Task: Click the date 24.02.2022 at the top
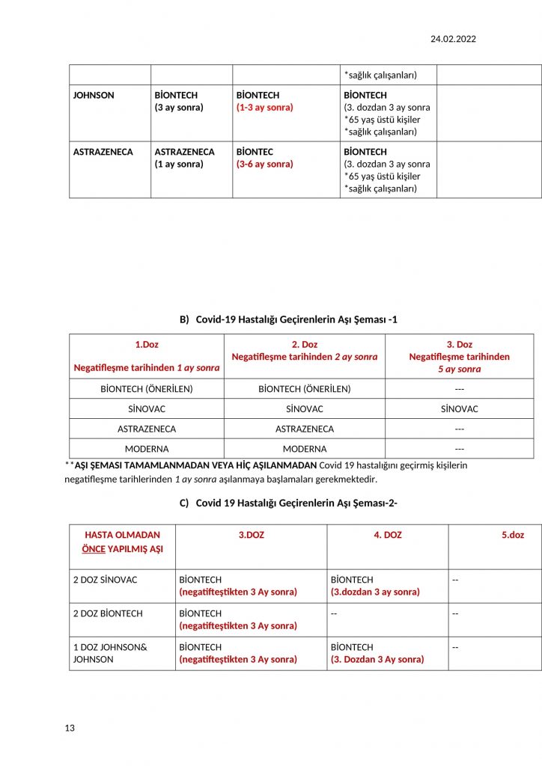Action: [x=453, y=39]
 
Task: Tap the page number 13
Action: [x=70, y=728]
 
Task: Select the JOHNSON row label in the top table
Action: [x=94, y=95]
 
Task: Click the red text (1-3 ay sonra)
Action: [x=265, y=107]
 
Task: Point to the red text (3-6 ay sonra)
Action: [x=265, y=164]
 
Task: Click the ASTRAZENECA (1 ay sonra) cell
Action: [x=184, y=158]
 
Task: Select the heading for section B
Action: [x=288, y=319]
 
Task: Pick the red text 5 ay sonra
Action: [x=460, y=369]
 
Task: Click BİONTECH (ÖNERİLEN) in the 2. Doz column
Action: [x=305, y=388]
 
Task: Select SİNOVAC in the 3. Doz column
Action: [x=460, y=408]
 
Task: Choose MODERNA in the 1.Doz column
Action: [x=147, y=449]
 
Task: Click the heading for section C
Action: [x=288, y=503]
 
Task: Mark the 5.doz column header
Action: [x=513, y=535]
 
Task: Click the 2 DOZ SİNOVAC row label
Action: [x=105, y=580]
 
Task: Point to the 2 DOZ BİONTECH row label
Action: [x=109, y=613]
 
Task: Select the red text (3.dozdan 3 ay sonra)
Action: [x=375, y=592]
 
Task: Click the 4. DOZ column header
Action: [x=388, y=535]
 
